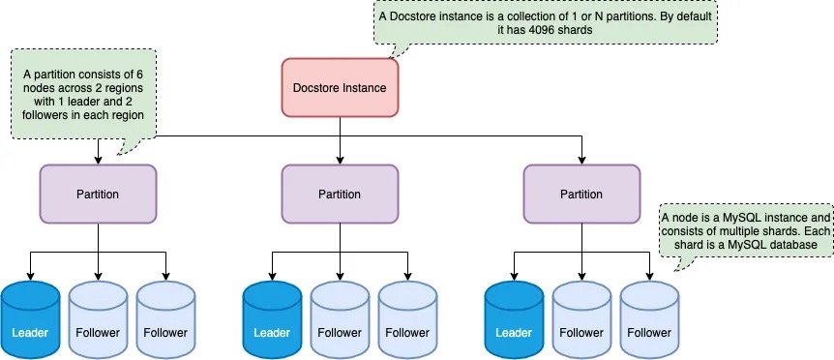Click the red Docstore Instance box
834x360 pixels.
click(x=340, y=88)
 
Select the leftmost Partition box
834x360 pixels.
click(x=98, y=194)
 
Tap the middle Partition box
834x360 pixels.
click(x=340, y=194)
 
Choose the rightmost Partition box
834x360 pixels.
click(x=581, y=194)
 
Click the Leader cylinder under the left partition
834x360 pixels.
click(x=30, y=320)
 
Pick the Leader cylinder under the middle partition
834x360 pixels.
click(x=272, y=320)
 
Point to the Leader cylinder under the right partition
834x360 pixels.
click(x=514, y=320)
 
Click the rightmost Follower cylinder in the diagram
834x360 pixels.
click(x=649, y=320)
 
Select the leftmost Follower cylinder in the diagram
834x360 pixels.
click(x=98, y=320)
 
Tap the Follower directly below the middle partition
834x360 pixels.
click(x=340, y=320)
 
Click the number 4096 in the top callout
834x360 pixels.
click(x=543, y=30)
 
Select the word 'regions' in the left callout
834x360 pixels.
click(x=125, y=87)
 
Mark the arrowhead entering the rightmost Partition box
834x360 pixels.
click(x=581, y=160)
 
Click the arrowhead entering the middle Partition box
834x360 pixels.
click(x=340, y=160)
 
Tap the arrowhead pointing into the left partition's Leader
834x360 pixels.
click(x=30, y=276)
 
